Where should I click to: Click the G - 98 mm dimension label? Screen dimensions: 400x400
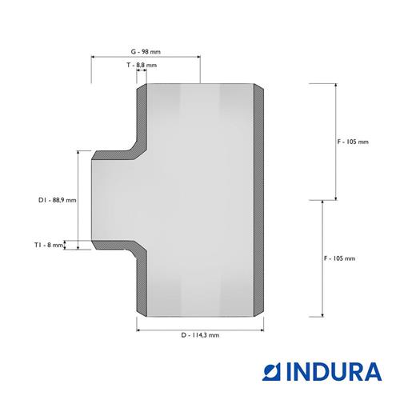pyautogui.click(x=146, y=52)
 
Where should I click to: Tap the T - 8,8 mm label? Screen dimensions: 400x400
pyautogui.click(x=142, y=65)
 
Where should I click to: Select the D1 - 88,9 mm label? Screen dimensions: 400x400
pyautogui.click(x=58, y=200)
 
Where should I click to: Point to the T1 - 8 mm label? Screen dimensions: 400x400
pyautogui.click(x=49, y=245)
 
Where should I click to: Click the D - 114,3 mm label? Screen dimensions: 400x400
pyautogui.click(x=200, y=335)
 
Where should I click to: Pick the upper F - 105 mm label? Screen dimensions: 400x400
pyautogui.click(x=353, y=142)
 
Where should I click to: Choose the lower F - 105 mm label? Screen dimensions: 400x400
pyautogui.click(x=339, y=258)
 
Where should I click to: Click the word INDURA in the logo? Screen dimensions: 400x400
pyautogui.click(x=334, y=371)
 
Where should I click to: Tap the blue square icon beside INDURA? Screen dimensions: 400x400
pyautogui.click(x=271, y=371)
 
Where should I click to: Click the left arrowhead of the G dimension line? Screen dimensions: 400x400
pyautogui.click(x=93, y=57)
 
